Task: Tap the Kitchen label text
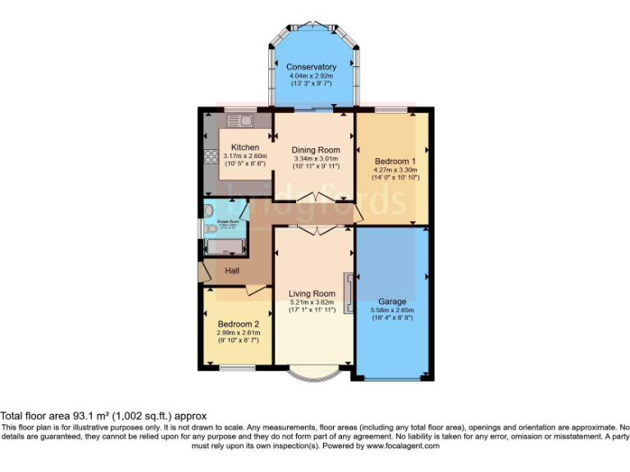point(244,147)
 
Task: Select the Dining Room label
point(316,150)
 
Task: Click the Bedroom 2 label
point(238,324)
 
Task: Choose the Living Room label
point(312,293)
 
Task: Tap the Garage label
point(391,302)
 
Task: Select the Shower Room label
point(227,222)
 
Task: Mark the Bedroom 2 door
point(253,290)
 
